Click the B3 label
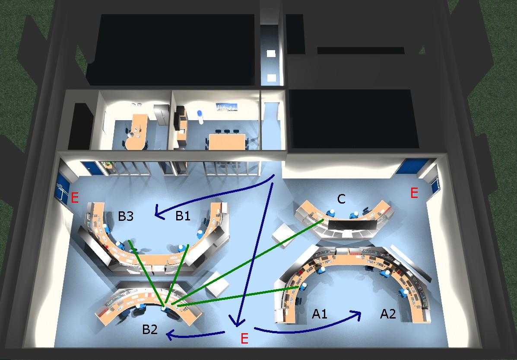tap(126, 216)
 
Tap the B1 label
tap(183, 216)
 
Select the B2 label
tap(150, 330)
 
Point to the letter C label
tap(341, 199)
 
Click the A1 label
tap(320, 314)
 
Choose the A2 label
tap(388, 314)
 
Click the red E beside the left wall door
tap(75, 198)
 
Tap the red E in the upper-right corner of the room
tap(414, 193)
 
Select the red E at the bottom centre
tap(244, 338)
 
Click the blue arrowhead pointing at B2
tap(170, 336)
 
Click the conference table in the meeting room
tap(227, 142)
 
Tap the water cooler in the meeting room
tap(200, 117)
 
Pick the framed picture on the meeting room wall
tap(226, 107)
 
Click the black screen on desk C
tap(352, 225)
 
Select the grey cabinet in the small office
tap(161, 115)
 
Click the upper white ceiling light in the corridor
tap(271, 54)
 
